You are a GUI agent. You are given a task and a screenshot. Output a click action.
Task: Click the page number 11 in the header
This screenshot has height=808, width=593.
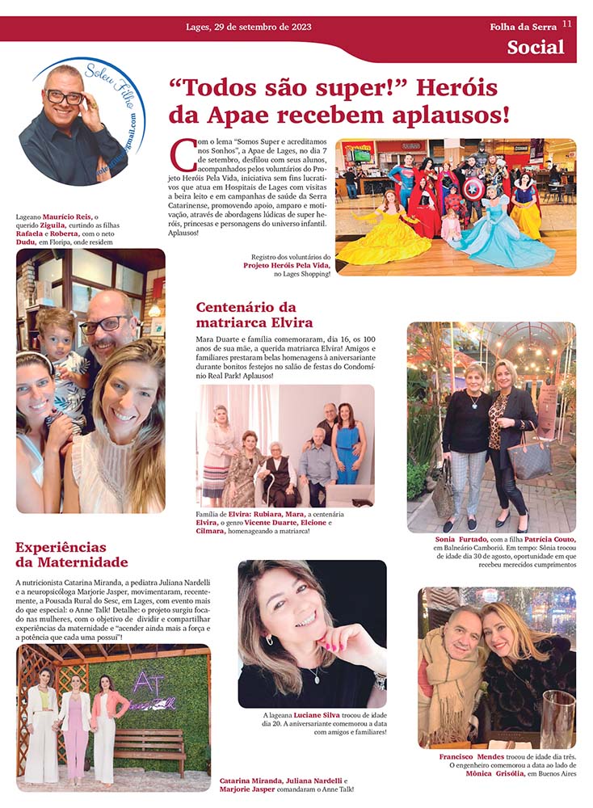point(567,24)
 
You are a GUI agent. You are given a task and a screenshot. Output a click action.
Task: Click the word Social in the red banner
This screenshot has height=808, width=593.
point(536,47)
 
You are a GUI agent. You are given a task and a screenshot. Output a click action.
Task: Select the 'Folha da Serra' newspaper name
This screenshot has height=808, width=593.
point(523,27)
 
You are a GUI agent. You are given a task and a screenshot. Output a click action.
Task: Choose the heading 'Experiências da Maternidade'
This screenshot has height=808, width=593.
point(71,554)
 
